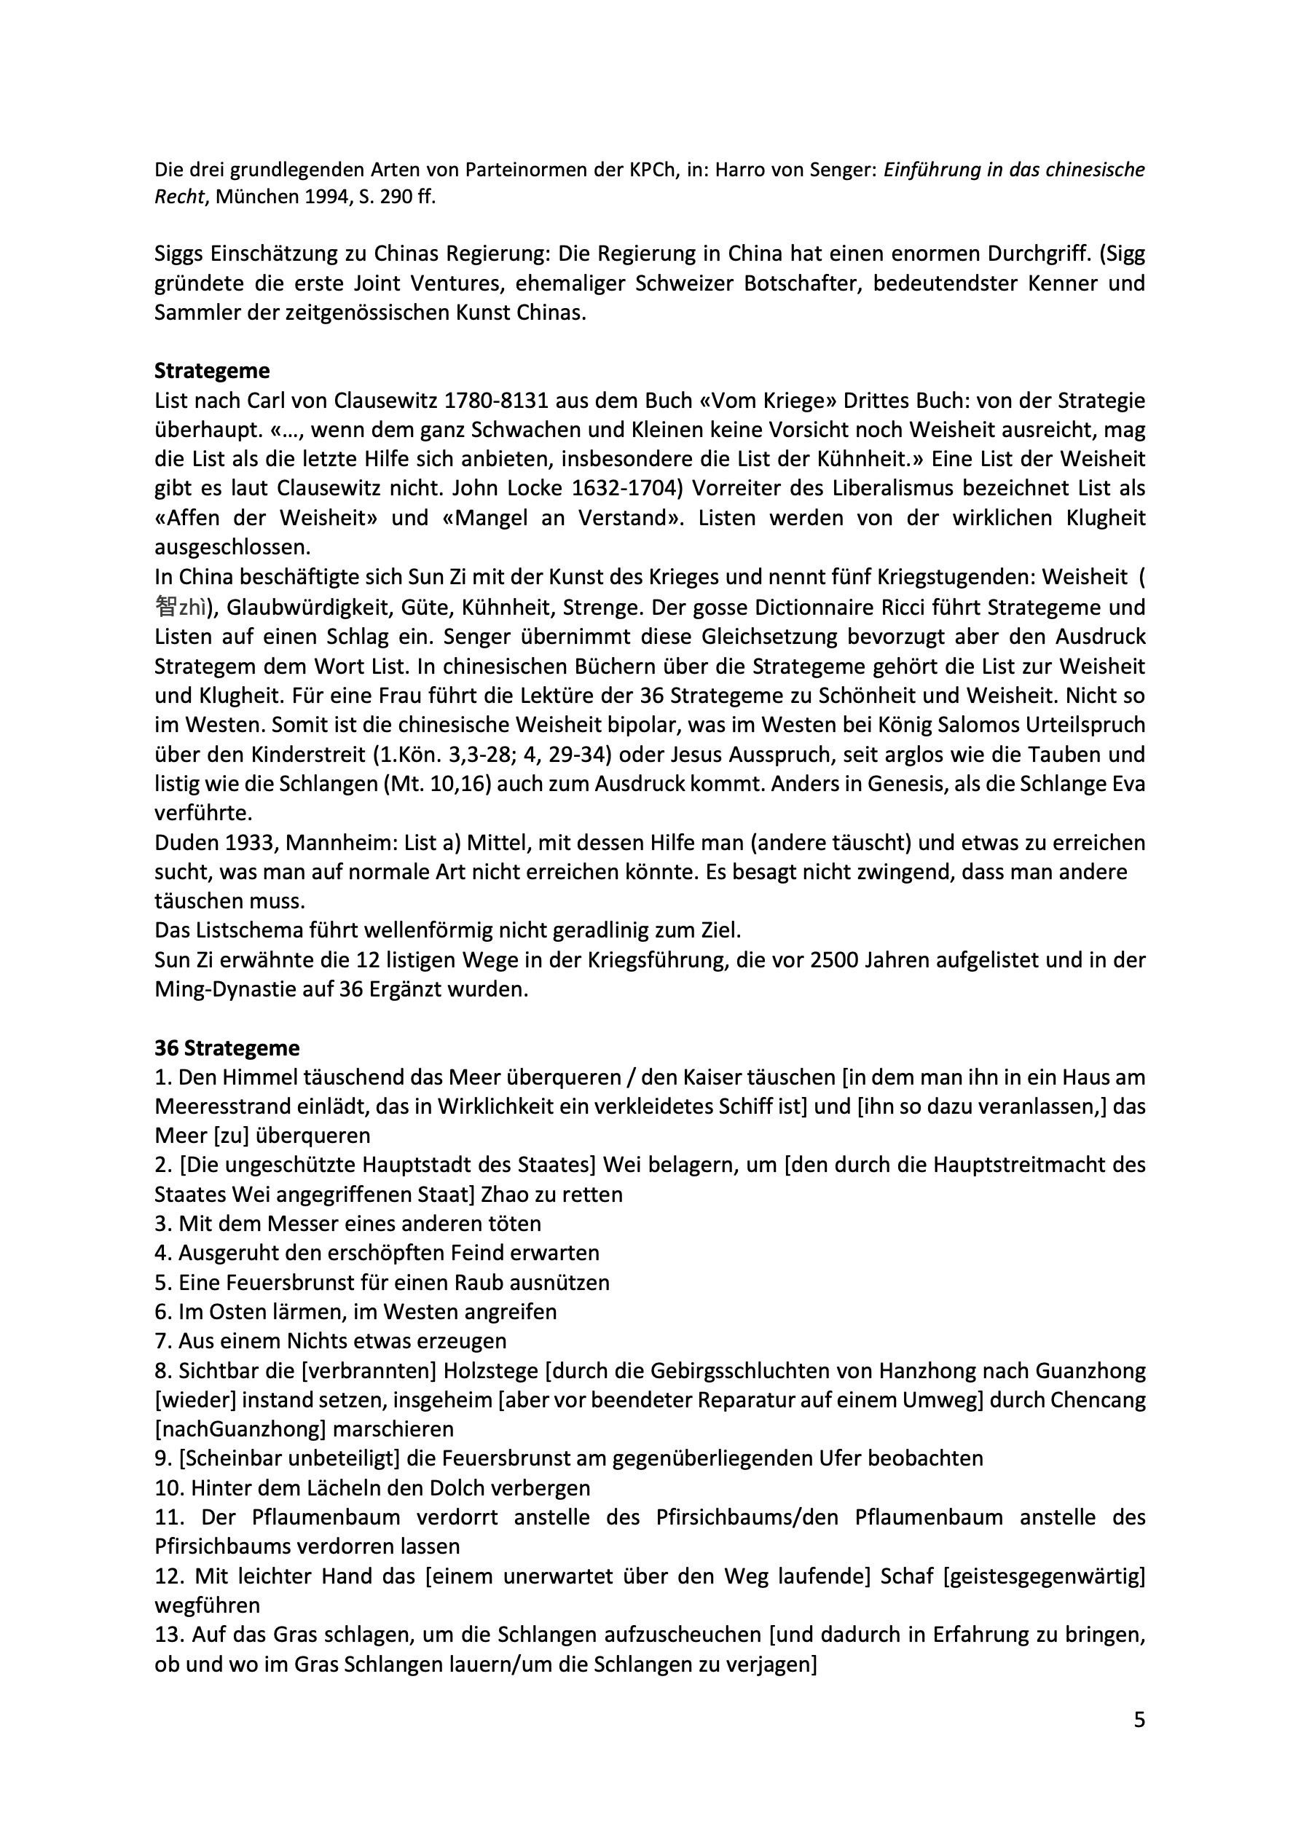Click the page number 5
click(x=1139, y=1721)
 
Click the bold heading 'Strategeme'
click(x=212, y=371)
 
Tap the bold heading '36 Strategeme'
click(x=227, y=1048)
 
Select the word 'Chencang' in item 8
click(x=1098, y=1400)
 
